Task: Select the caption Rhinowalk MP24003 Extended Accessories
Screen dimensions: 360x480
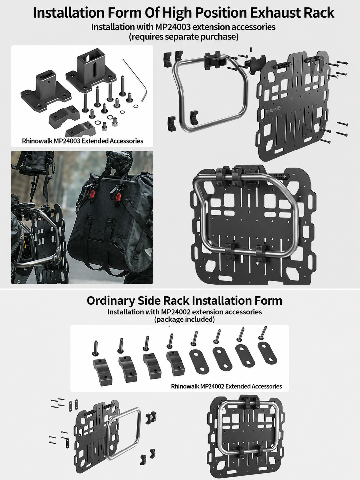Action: point(83,141)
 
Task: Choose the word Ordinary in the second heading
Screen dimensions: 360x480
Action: point(110,301)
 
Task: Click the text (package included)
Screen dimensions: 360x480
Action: point(185,319)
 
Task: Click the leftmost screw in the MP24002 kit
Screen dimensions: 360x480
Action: point(95,348)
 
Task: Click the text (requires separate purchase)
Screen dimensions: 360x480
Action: point(184,37)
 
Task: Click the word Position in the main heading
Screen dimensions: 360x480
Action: point(221,13)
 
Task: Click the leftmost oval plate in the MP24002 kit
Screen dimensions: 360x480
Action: point(199,360)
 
